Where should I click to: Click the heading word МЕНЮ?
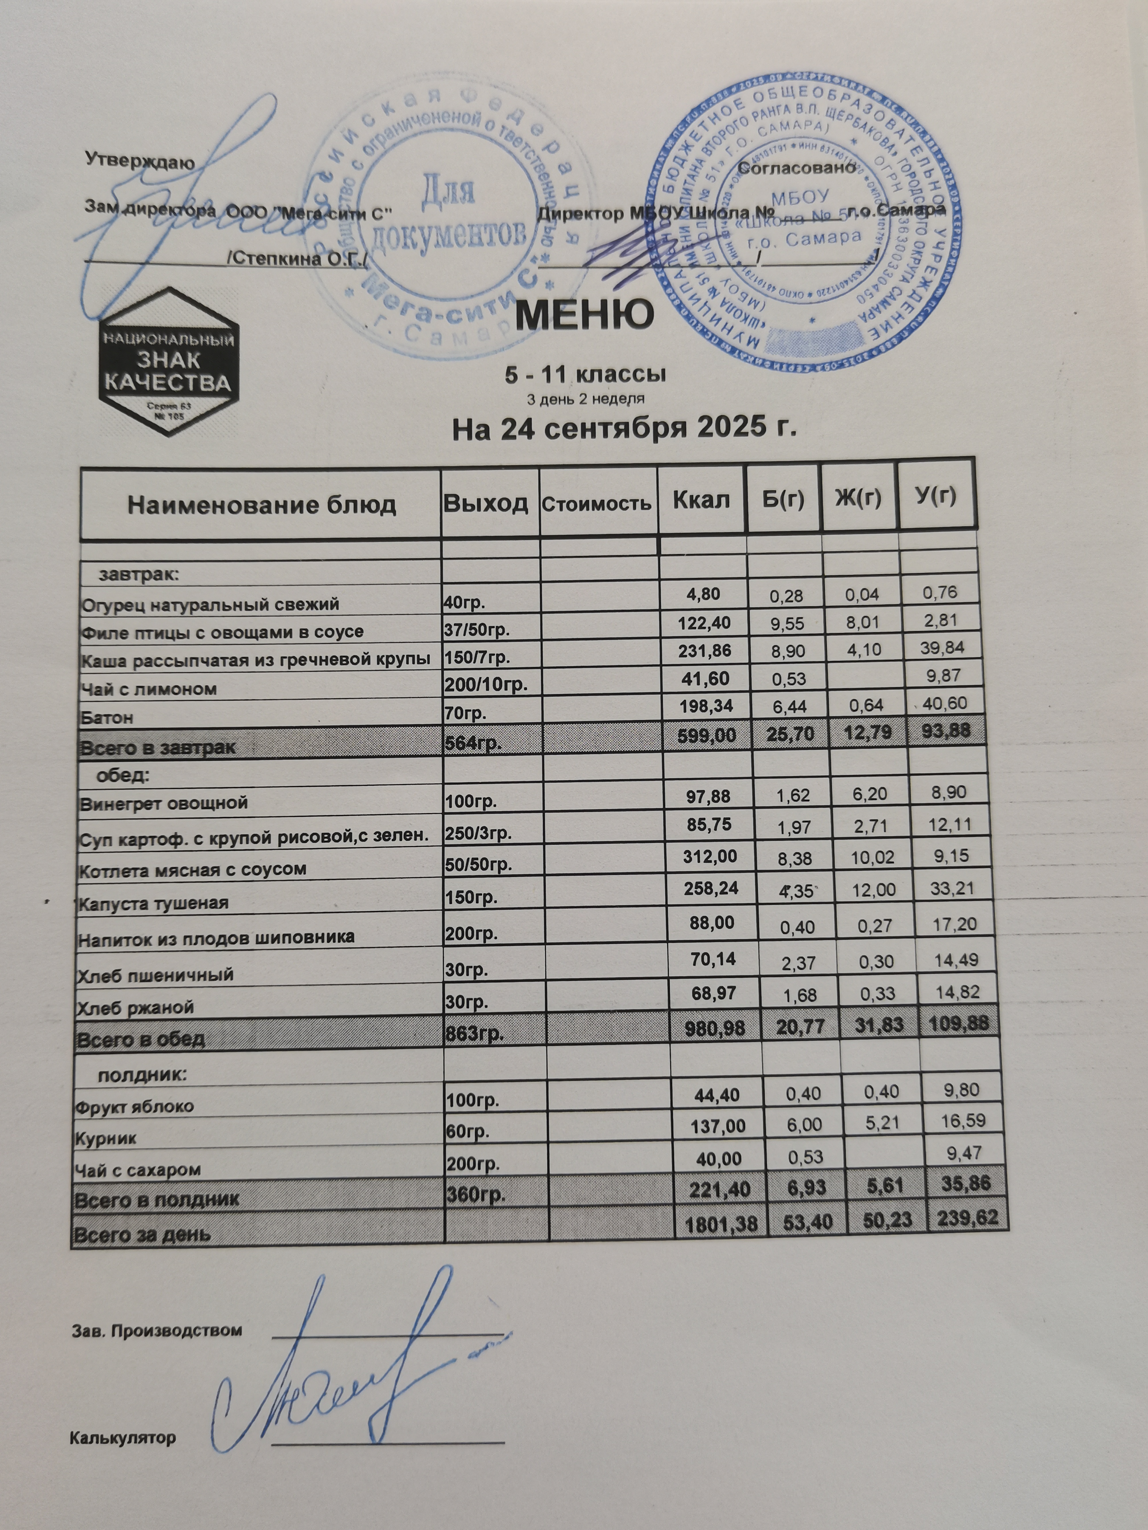[585, 315]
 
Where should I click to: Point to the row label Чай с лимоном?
[149, 689]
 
